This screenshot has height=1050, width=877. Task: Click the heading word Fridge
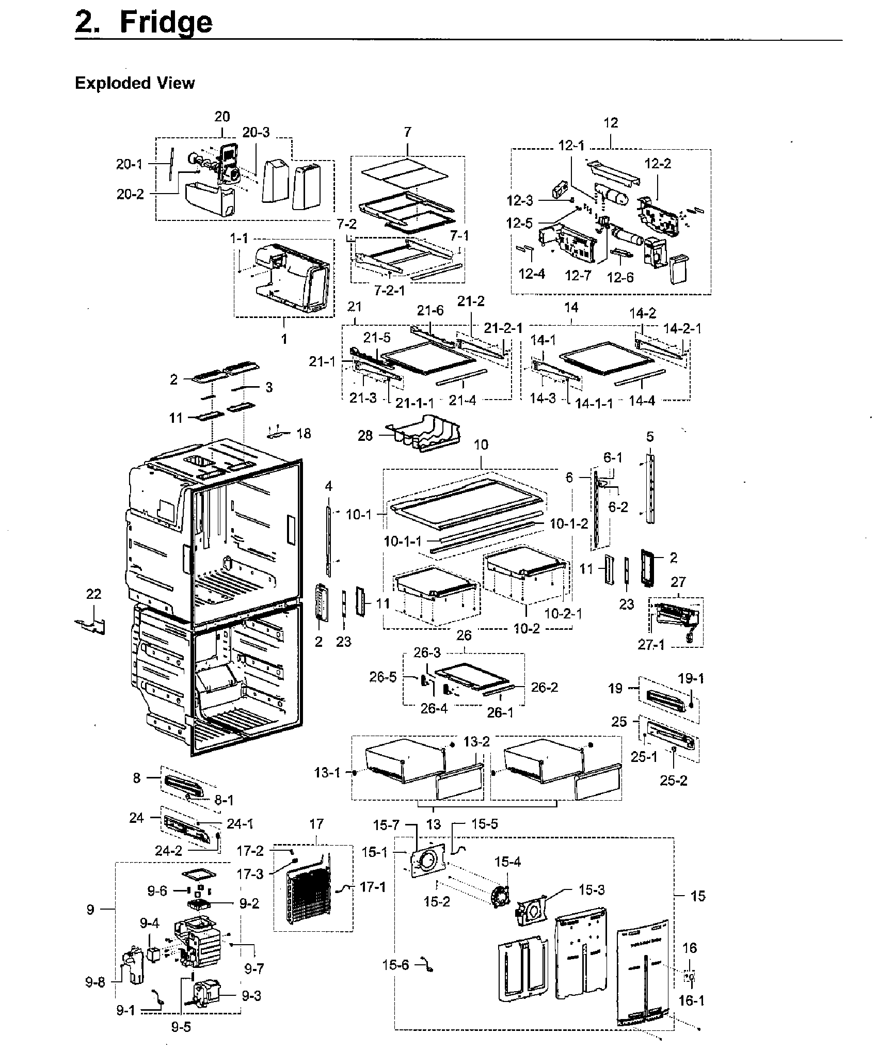166,23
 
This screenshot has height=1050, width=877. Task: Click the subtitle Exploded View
135,83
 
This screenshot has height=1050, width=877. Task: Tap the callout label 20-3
256,133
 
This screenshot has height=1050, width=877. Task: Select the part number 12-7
578,276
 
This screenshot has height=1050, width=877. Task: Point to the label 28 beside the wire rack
365,436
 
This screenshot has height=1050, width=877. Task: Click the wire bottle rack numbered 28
424,433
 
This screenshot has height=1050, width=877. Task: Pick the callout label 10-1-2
569,523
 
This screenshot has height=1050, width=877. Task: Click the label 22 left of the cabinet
93,594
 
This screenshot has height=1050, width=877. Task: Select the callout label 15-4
507,862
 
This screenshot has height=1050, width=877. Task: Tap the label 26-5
383,677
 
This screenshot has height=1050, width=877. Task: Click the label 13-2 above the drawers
476,742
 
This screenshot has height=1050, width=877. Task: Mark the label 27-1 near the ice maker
651,645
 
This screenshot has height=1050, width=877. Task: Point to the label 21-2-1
503,328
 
